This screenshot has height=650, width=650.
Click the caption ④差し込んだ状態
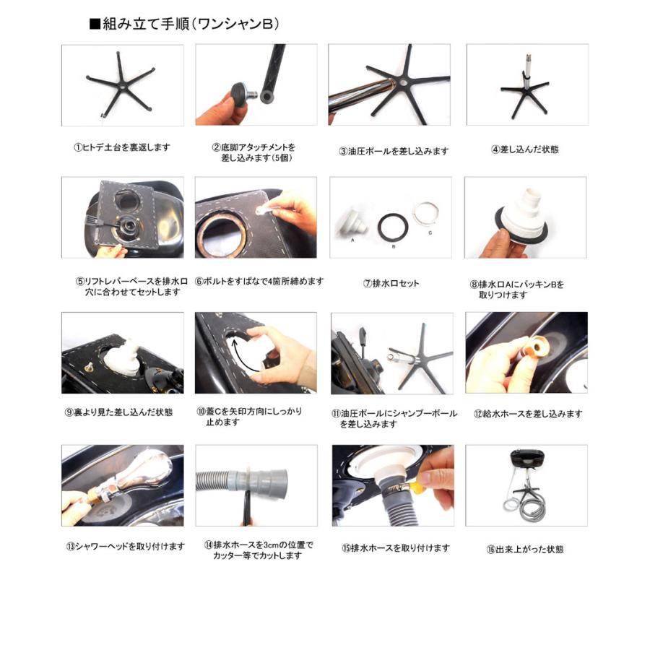coord(524,149)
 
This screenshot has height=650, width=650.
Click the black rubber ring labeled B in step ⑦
coord(394,227)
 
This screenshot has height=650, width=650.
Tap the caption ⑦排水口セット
coord(391,283)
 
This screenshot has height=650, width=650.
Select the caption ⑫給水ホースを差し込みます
coord(527,414)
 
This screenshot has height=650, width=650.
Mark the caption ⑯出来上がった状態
coord(524,550)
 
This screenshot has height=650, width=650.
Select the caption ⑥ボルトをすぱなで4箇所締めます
coord(259,281)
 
